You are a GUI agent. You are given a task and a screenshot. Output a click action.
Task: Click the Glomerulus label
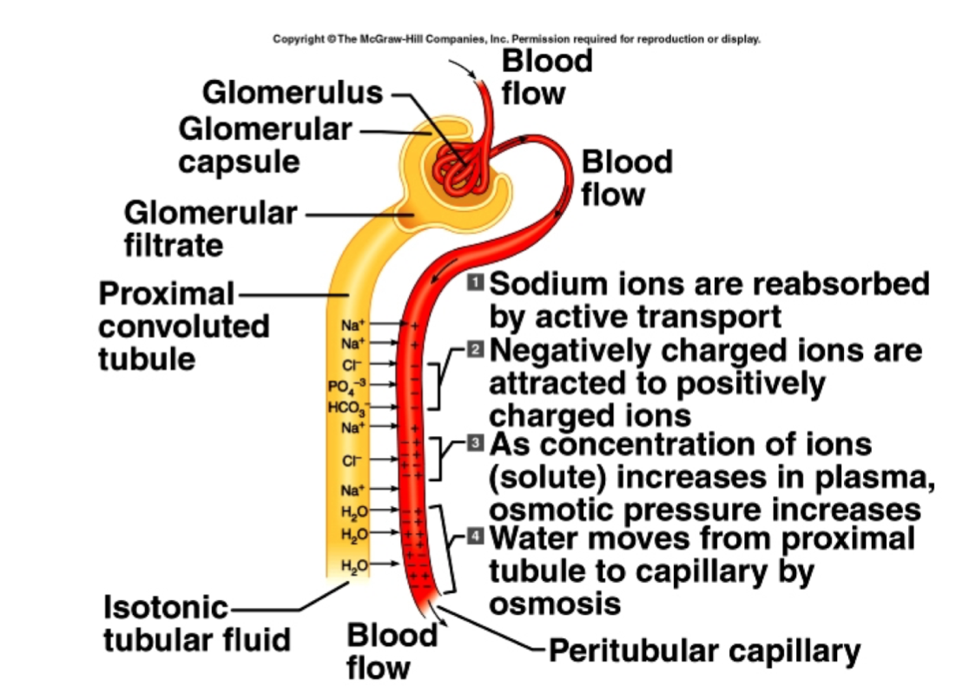click(293, 92)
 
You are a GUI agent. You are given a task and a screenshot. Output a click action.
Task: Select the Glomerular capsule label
click(265, 145)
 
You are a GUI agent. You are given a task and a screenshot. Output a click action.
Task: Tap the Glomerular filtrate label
click(210, 228)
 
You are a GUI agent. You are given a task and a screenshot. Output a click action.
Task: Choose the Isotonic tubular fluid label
click(196, 623)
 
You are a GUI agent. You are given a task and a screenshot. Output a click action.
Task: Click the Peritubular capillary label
click(703, 650)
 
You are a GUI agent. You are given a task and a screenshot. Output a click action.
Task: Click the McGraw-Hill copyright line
click(517, 39)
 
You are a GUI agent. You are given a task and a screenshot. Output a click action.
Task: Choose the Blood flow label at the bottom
click(392, 650)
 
